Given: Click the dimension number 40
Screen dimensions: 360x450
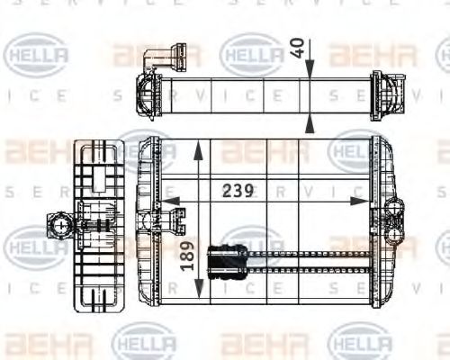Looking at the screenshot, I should pyautogui.click(x=298, y=48).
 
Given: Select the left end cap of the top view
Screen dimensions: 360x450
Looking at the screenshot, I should pyautogui.click(x=147, y=92).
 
